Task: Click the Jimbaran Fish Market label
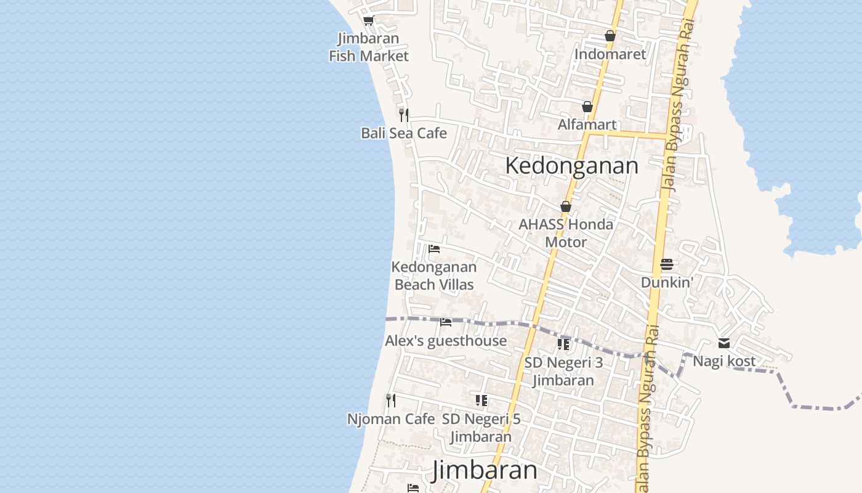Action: (369, 47)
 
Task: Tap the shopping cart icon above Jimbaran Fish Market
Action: (369, 22)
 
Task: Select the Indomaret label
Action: (610, 54)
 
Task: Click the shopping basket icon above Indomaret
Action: (610, 36)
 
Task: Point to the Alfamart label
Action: (587, 124)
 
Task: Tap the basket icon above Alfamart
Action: (587, 107)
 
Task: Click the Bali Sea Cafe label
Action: (404, 133)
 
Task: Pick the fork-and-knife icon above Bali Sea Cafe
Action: (404, 115)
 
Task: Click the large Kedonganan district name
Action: (571, 166)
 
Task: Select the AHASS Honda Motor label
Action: (566, 233)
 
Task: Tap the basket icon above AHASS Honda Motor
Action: (566, 206)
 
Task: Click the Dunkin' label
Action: (667, 282)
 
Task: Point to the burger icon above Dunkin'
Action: (667, 264)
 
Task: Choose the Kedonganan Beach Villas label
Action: (434, 275)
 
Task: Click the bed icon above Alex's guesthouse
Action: (446, 322)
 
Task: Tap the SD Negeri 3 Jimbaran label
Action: (563, 372)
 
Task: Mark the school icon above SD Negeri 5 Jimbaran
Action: (481, 401)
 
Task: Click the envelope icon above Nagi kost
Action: (724, 343)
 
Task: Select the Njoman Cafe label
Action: (391, 419)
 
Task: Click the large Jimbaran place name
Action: (485, 470)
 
